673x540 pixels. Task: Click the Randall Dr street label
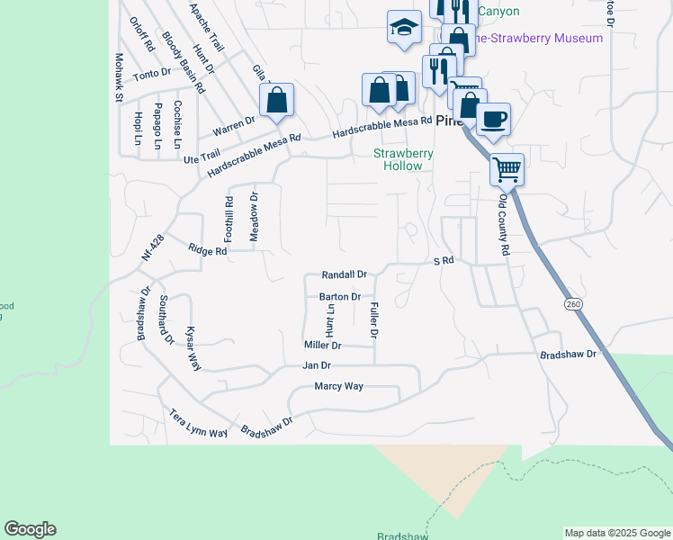click(x=345, y=274)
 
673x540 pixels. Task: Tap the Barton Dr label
click(x=340, y=296)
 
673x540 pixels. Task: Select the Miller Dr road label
click(x=323, y=345)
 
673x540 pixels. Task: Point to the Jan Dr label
click(x=317, y=365)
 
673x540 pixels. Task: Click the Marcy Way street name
click(x=338, y=386)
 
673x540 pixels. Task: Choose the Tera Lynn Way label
click(x=199, y=424)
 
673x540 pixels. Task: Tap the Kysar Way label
click(x=193, y=347)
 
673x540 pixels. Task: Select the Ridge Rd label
click(x=207, y=250)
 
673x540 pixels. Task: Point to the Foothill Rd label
click(x=229, y=219)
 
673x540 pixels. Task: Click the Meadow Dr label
click(x=254, y=216)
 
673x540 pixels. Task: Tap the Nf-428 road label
click(x=153, y=247)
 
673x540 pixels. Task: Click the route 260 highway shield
click(x=572, y=305)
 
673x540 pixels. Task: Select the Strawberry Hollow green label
click(x=404, y=159)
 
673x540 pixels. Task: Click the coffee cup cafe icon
click(x=493, y=119)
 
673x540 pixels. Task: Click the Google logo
click(x=30, y=529)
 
